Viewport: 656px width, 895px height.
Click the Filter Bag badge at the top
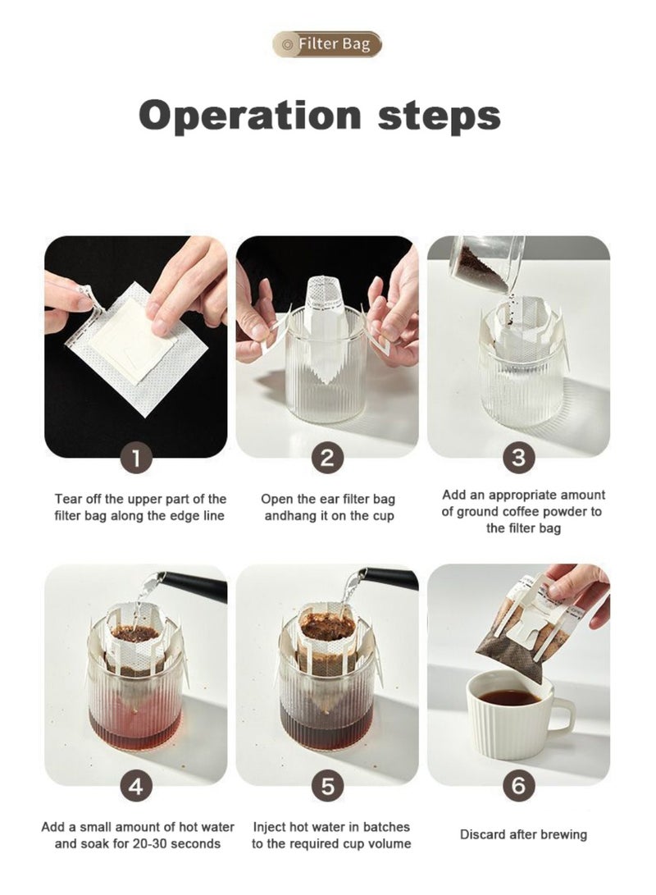pyautogui.click(x=327, y=44)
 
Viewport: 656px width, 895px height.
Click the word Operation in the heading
pyautogui.click(x=250, y=115)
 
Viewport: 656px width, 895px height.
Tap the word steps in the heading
pyautogui.click(x=440, y=116)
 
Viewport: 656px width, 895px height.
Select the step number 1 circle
pyautogui.click(x=136, y=458)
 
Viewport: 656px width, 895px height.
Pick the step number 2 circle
pyautogui.click(x=327, y=458)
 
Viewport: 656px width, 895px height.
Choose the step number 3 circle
pyautogui.click(x=518, y=458)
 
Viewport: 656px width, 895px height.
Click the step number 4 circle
pyautogui.click(x=136, y=787)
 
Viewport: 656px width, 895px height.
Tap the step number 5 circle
pyautogui.click(x=327, y=787)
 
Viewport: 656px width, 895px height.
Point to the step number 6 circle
pyautogui.click(x=518, y=787)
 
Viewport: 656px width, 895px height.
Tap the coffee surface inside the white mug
pyautogui.click(x=509, y=697)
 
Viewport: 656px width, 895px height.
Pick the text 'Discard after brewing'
pyautogui.click(x=523, y=834)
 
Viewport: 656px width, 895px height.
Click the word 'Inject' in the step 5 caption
pyautogui.click(x=269, y=827)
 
